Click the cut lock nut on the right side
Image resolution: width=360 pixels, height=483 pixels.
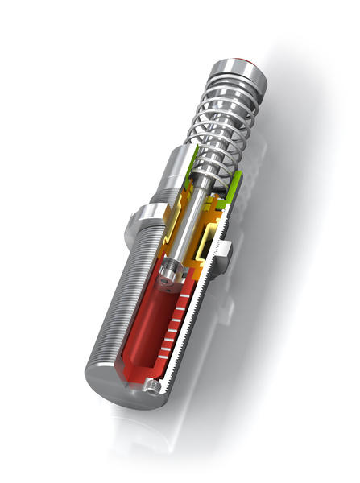click(x=226, y=250)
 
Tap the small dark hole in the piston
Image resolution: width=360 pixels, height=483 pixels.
click(x=168, y=283)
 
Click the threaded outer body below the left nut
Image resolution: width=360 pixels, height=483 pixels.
click(x=113, y=298)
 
